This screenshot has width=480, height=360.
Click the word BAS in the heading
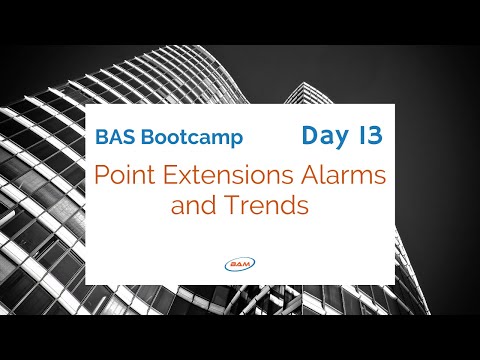click(114, 135)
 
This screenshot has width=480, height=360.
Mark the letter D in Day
click(306, 132)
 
